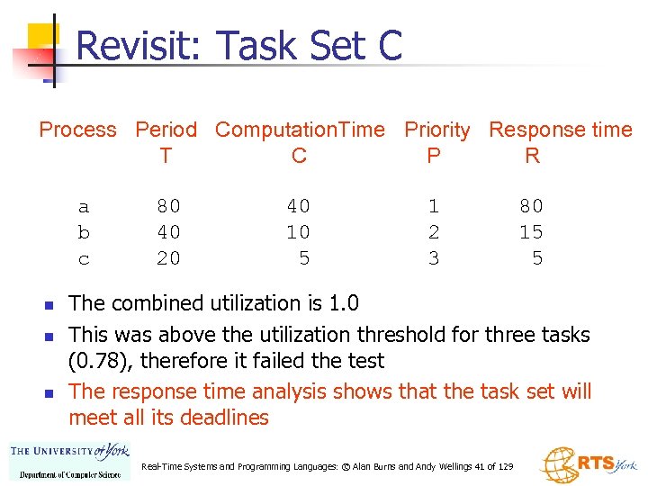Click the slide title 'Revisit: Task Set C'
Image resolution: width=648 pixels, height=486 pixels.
pos(239,46)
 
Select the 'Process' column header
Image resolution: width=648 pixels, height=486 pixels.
pos(77,130)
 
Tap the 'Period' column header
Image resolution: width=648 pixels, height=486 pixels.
pos(166,130)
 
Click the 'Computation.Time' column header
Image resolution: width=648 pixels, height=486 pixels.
pos(300,130)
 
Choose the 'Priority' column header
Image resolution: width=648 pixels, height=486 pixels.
pos(436,130)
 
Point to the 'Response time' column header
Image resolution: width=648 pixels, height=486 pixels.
pos(560,130)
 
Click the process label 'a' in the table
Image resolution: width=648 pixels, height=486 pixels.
pos(84,206)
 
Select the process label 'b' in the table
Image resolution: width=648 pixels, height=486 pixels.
pos(84,232)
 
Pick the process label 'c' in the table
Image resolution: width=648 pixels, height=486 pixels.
pos(84,259)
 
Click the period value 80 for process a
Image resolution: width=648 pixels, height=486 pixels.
pos(168,206)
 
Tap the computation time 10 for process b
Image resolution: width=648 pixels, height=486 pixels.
pos(298,232)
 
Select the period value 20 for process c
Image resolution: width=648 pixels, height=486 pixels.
pos(168,259)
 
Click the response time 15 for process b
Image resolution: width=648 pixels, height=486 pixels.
pos(531,232)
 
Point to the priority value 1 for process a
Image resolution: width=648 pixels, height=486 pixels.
pos(434,206)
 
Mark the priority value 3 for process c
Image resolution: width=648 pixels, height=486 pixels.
pos(434,259)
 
